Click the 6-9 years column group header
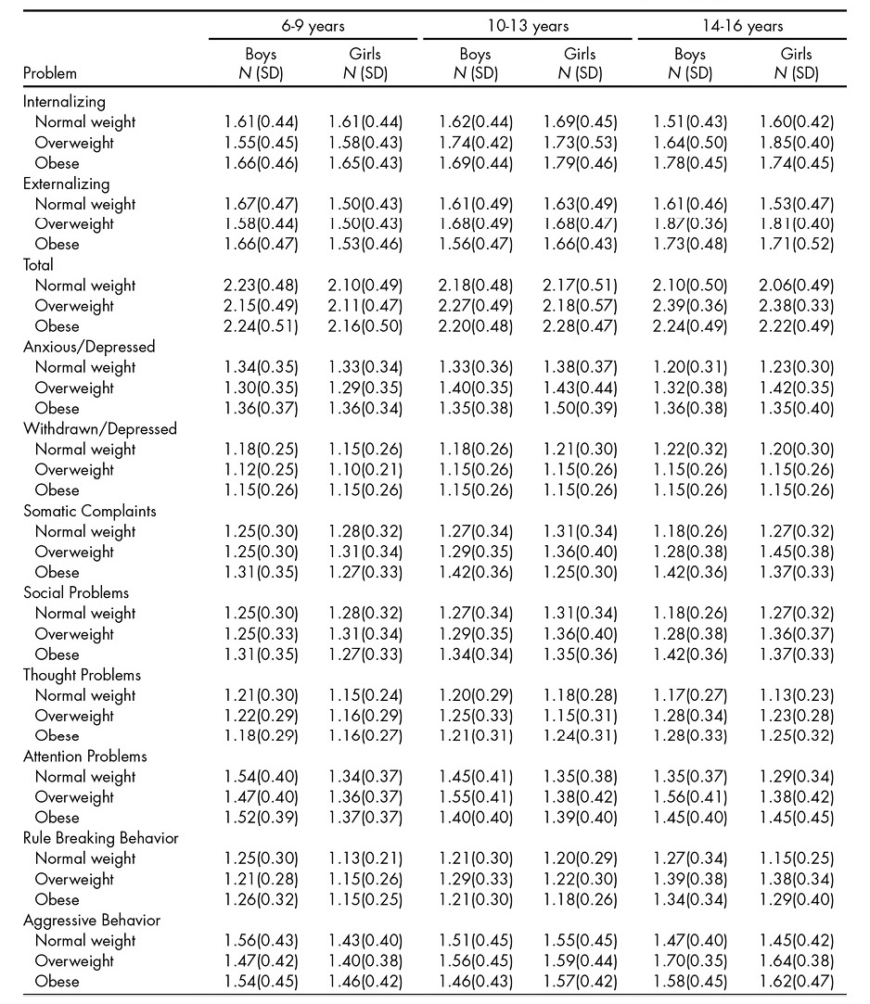pos(314,26)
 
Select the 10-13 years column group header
pos(528,26)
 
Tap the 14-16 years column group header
pos(742,26)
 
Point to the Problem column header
pos(49,73)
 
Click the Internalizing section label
pos(64,102)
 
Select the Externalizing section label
pos(66,184)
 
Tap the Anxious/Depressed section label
pos(89,347)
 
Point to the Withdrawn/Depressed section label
pos(99,429)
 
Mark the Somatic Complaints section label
pos(89,511)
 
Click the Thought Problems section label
pos(84,675)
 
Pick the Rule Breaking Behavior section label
pos(100,838)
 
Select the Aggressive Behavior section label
pos(92,921)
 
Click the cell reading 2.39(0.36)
pos(689,306)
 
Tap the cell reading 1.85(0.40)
pos(796,143)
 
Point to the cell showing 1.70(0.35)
pos(689,961)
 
